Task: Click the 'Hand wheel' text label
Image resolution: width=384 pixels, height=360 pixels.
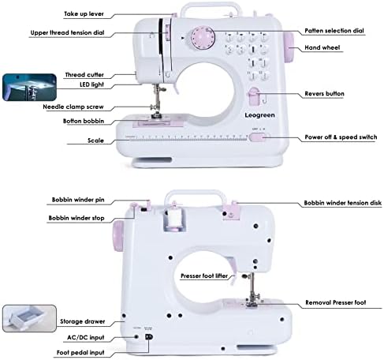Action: [323, 47]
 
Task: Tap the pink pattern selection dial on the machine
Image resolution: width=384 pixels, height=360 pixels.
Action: [199, 39]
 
